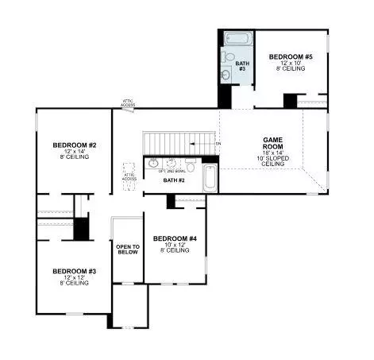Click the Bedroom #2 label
(x=75, y=145)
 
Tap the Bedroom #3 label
(x=75, y=271)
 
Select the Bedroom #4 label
(x=175, y=238)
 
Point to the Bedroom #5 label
(x=291, y=56)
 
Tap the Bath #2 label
(x=174, y=180)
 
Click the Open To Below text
(x=128, y=250)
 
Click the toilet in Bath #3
(x=228, y=58)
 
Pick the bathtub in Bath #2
(x=210, y=178)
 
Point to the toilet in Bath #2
(x=191, y=165)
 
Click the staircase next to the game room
(x=178, y=143)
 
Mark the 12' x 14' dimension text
(x=75, y=151)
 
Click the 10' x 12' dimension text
(x=175, y=245)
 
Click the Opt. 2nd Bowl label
(x=168, y=172)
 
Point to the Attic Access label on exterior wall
(x=128, y=102)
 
